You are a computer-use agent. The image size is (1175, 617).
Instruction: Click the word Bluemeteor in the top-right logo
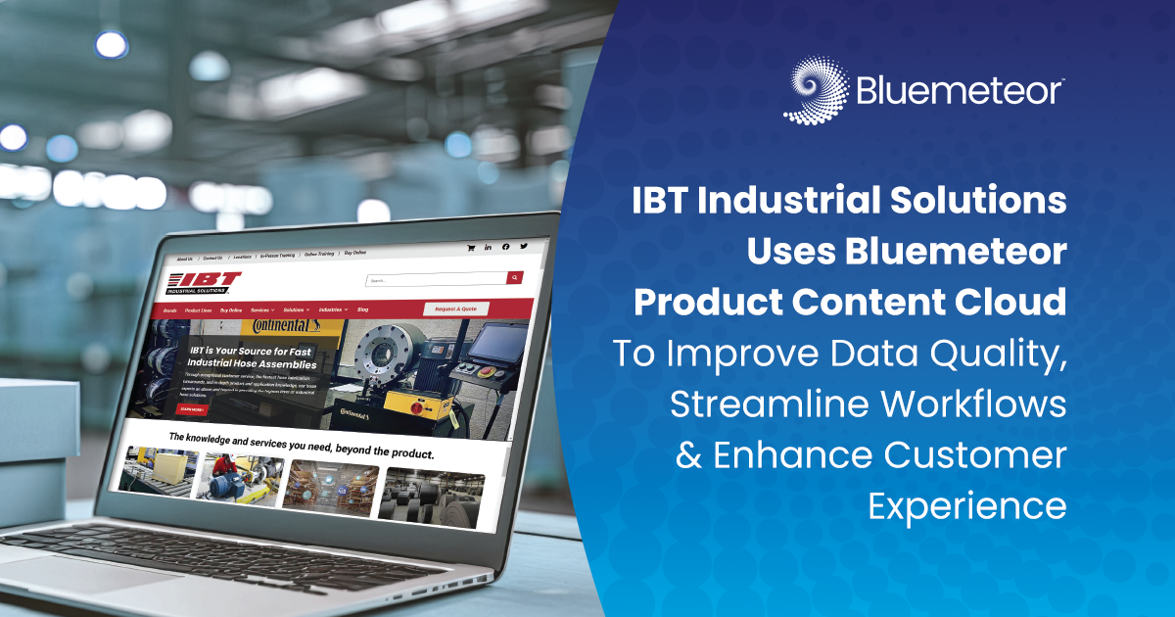960,91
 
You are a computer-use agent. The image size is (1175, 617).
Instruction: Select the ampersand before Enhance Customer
688,456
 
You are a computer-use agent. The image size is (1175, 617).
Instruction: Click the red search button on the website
514,278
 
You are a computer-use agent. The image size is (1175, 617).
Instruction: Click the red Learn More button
191,409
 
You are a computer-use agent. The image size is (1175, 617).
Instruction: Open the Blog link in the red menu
363,309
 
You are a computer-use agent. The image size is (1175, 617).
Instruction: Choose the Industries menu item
331,309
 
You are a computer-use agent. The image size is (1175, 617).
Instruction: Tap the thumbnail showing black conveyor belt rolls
431,495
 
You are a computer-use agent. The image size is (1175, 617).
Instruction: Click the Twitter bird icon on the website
524,247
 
